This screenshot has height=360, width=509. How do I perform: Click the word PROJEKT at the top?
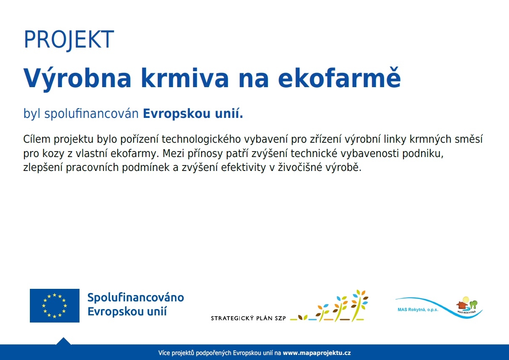click(x=69, y=39)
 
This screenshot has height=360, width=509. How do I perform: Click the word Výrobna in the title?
click(x=77, y=78)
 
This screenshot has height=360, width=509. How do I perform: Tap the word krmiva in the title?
click(x=185, y=77)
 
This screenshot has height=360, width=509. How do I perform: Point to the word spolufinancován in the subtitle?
click(x=91, y=114)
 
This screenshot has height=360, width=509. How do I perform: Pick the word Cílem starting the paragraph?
click(x=37, y=139)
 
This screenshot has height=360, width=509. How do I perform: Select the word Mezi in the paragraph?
click(x=173, y=153)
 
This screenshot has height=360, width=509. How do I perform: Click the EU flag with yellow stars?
click(x=55, y=305)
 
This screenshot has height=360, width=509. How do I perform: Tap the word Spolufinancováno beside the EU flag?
click(x=135, y=297)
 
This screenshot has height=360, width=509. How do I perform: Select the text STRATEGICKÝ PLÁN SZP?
click(x=248, y=318)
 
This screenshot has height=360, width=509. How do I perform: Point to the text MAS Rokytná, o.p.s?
click(x=418, y=309)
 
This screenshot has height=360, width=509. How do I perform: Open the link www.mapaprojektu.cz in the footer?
click(x=317, y=353)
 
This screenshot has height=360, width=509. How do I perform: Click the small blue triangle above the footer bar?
click(x=64, y=341)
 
